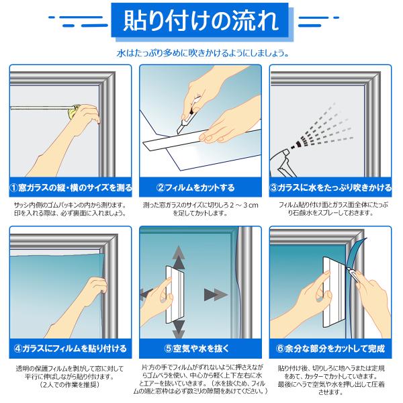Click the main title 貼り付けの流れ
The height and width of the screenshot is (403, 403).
point(201,21)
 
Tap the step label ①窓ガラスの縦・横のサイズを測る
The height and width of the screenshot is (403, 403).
point(71,187)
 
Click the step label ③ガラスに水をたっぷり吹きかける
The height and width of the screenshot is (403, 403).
point(330,187)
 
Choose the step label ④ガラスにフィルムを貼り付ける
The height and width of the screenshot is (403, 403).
point(71,349)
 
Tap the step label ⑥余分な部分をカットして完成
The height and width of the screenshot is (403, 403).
point(330,349)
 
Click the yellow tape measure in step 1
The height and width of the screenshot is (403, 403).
point(73,111)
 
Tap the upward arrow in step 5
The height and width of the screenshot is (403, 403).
point(179,257)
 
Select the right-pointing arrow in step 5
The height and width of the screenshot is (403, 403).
point(216,295)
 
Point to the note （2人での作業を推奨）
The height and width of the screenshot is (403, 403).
point(70,385)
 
